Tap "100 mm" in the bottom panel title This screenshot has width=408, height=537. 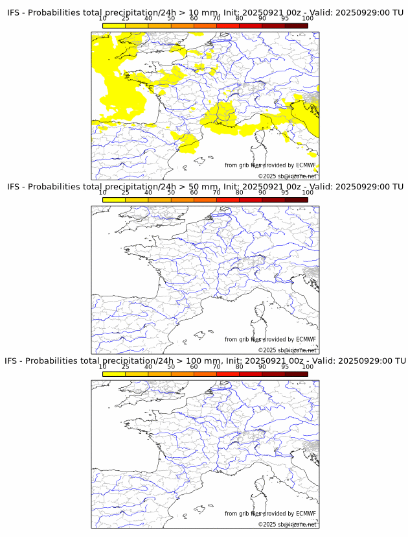coord(198,361)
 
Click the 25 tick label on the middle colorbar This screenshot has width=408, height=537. coord(126,193)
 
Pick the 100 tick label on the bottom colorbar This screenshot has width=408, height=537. coord(308,367)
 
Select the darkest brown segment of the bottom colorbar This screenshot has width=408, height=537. coord(296,374)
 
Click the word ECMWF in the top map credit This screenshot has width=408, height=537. coord(306,165)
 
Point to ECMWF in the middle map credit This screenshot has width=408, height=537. coord(306,339)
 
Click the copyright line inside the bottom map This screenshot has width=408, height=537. coord(288,524)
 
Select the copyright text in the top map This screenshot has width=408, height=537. coord(288,176)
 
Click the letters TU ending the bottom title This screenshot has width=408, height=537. coord(400,361)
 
